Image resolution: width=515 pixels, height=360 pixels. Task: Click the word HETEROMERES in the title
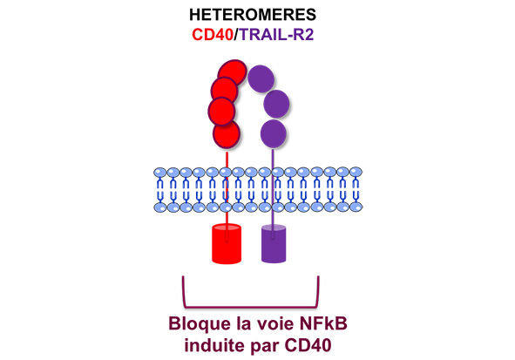(253, 15)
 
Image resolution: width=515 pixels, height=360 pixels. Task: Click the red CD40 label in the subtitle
(213, 34)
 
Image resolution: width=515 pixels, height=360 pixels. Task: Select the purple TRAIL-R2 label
(276, 34)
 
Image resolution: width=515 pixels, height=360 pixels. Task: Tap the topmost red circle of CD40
(233, 71)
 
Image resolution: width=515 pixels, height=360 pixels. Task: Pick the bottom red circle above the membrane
(227, 134)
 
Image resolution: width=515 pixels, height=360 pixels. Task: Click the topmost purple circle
(261, 78)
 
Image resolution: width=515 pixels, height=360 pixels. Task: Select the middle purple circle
(276, 104)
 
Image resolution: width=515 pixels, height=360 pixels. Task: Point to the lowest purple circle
(274, 133)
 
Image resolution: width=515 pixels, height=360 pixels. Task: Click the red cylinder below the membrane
(227, 244)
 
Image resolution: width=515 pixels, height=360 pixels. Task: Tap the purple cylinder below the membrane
(274, 243)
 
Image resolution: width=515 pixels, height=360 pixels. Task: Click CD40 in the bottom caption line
(308, 345)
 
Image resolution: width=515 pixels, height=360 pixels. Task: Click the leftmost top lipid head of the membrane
(160, 173)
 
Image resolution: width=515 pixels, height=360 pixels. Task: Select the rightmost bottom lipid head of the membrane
(356, 207)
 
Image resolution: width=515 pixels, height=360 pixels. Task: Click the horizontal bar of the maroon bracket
(251, 307)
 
